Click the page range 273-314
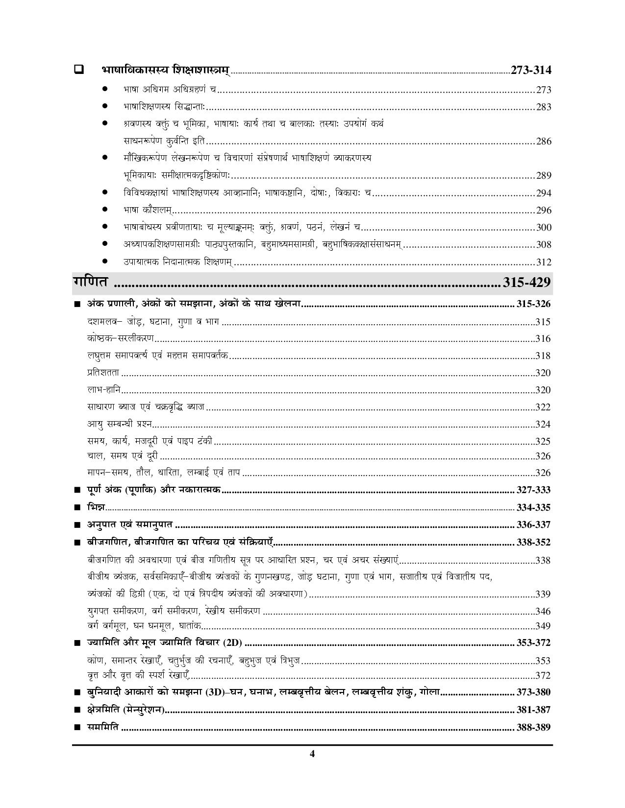(530, 70)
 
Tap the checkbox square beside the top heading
(78, 70)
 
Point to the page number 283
(544, 107)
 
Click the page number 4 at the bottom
(312, 767)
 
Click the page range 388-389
(533, 728)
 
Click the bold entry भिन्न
(95, 507)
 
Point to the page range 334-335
(533, 507)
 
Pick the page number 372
(543, 676)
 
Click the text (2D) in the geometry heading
(233, 642)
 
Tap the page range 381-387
(533, 710)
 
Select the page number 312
(544, 262)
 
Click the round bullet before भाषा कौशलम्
(105, 210)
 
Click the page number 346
(543, 611)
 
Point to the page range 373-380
(533, 692)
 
